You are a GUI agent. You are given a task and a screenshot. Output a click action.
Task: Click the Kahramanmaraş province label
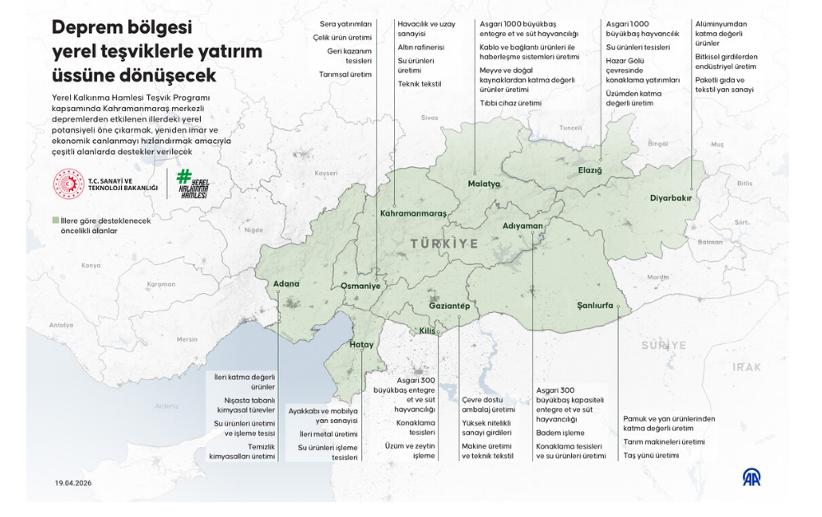pos(413,213)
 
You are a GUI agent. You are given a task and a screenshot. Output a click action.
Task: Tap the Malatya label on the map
pos(484,184)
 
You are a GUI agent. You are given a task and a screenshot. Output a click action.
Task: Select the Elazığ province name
pos(590,170)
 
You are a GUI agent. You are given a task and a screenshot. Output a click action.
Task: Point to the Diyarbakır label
pos(671,198)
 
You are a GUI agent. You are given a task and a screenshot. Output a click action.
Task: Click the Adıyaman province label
pos(522,226)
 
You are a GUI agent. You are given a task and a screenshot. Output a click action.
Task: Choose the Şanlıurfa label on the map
pos(595,305)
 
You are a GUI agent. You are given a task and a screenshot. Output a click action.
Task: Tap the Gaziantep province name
pos(449,306)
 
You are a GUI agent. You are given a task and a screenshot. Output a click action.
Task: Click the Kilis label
pos(427,330)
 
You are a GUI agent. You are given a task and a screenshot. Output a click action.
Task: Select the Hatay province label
pos(362,345)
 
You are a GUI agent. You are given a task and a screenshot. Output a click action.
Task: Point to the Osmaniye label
pos(360,286)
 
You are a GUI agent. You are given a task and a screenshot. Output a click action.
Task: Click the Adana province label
pos(286,284)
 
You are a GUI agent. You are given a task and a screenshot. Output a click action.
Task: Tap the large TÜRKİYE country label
pos(444,244)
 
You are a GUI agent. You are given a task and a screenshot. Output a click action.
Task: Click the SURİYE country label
pos(663,345)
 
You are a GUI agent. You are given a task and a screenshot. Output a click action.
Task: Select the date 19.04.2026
pos(74,483)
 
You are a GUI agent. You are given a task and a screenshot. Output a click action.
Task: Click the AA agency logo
pos(751,477)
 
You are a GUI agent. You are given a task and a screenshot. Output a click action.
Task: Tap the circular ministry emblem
pos(68,184)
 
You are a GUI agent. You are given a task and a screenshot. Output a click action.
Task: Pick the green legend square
pos(55,221)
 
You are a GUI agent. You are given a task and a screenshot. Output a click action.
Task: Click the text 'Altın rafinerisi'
pos(420,48)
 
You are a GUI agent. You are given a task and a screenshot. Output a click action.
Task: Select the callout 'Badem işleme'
pos(560,432)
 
